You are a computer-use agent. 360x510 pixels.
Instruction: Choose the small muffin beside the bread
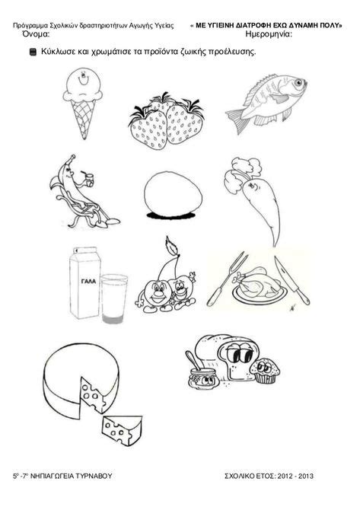pyautogui.click(x=263, y=371)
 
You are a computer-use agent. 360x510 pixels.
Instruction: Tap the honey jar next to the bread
pyautogui.click(x=201, y=378)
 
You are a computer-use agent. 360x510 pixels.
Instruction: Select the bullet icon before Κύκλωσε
pyautogui.click(x=32, y=53)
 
